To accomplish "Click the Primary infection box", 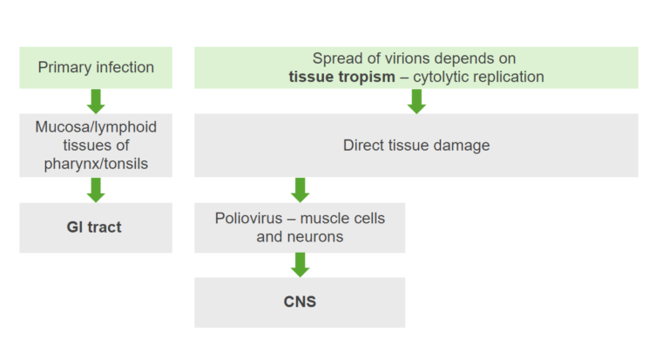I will point(96,67).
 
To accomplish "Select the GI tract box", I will point(96,228).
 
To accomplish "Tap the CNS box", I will point(300,302).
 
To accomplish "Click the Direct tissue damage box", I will point(416,146).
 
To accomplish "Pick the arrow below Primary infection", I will point(96,100).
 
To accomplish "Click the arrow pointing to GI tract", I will point(96,189).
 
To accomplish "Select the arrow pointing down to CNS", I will point(300,264).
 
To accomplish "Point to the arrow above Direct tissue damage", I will point(416,101).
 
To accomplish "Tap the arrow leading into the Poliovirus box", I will point(300,189).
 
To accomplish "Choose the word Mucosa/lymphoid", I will point(96,126).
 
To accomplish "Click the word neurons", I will point(318,236).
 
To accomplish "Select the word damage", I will point(463,146).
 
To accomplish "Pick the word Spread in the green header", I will point(339,58).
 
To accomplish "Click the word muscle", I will point(330,218).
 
